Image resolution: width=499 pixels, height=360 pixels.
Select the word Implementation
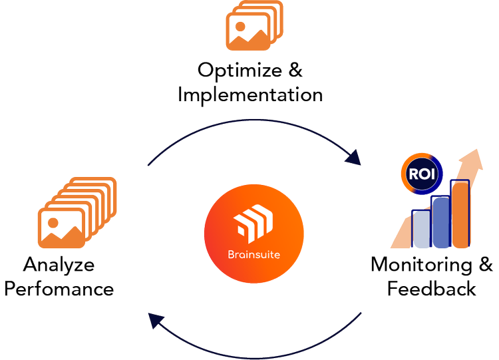click(250, 94)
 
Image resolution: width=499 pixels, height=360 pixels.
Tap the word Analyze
click(59, 265)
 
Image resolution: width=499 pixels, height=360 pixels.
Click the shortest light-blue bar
click(421, 228)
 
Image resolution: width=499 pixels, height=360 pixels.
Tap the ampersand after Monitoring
click(486, 264)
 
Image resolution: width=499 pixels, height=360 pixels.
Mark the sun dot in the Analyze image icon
click(53, 220)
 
